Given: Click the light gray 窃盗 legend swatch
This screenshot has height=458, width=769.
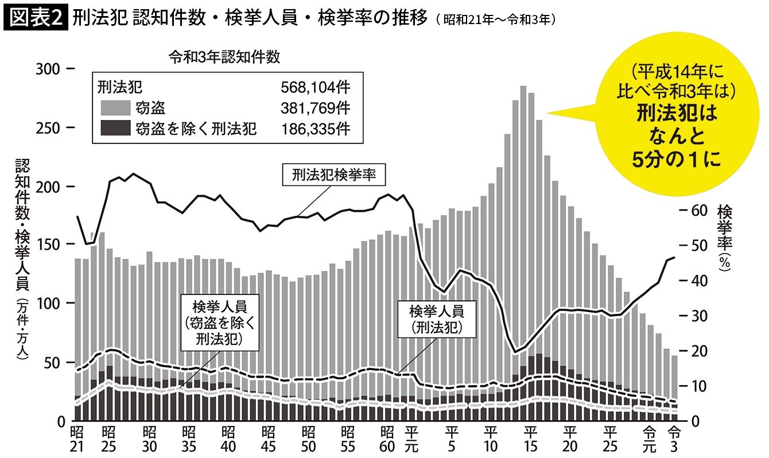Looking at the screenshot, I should click(115, 108).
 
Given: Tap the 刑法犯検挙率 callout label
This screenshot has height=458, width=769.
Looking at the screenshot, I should click(333, 175).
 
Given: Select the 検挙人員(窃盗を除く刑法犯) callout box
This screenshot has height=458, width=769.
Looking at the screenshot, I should click(219, 322).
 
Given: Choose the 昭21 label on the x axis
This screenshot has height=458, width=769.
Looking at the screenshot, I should click(77, 437).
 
